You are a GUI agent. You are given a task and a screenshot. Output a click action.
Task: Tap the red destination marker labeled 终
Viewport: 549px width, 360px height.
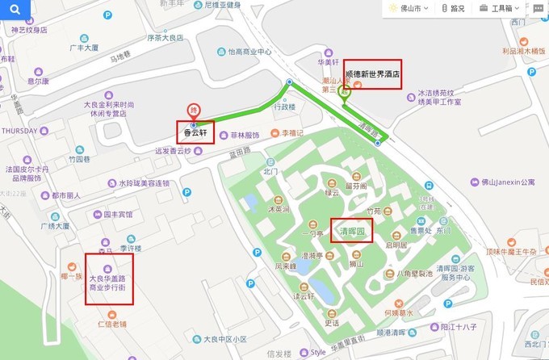(x=193, y=111)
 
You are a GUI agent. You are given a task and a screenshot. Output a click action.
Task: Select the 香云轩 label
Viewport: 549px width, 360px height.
(x=195, y=132)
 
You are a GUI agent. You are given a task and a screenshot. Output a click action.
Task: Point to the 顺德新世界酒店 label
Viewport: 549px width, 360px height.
(x=372, y=74)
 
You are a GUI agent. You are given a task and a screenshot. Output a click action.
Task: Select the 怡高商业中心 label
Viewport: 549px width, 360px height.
(x=249, y=51)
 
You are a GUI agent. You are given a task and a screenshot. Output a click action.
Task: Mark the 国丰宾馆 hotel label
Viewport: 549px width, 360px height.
(x=118, y=215)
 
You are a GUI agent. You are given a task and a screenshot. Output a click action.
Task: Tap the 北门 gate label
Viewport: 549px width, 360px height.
(x=270, y=172)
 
